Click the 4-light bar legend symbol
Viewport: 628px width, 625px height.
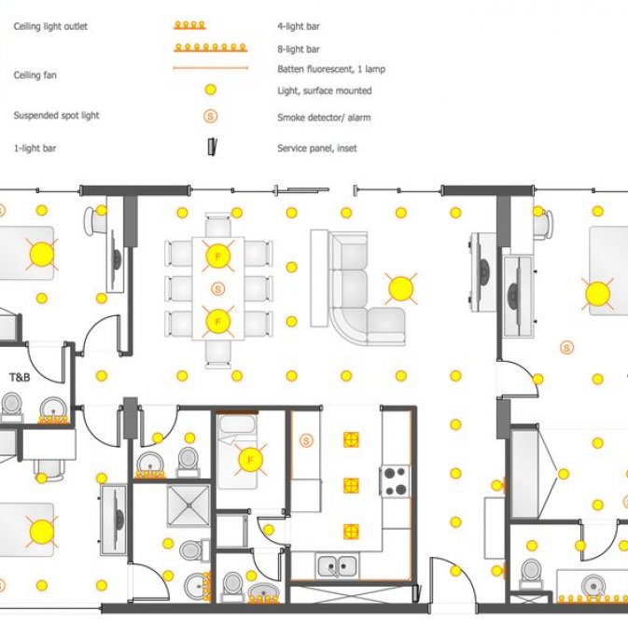189,25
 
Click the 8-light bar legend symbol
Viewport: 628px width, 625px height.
211,49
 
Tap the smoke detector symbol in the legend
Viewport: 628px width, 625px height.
211,117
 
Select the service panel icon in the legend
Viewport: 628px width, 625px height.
212,147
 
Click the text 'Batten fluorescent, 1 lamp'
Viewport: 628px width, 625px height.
331,69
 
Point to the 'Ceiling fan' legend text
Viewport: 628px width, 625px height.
35,75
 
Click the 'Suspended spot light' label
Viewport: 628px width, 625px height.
57,116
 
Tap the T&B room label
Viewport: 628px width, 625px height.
20,377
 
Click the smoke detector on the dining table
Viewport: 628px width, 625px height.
217,288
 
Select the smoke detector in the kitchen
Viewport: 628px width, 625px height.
306,441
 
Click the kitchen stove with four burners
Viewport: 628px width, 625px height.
395,481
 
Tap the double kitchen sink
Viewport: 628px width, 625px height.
337,565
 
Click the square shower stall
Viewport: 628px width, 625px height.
188,506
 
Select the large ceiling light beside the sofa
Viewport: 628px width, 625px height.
401,289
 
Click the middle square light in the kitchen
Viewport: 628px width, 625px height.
351,486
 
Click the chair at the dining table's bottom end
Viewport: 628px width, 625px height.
218,354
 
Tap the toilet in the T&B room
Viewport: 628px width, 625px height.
11,406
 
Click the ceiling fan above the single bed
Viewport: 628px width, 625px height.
250,460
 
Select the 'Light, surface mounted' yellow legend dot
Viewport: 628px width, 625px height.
211,90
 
